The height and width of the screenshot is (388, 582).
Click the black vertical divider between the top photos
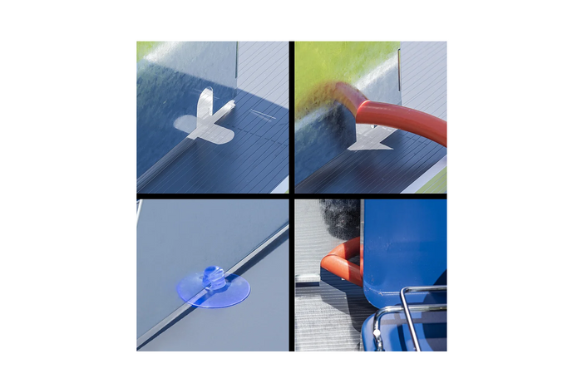292,116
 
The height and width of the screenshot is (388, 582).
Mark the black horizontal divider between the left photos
212,196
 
